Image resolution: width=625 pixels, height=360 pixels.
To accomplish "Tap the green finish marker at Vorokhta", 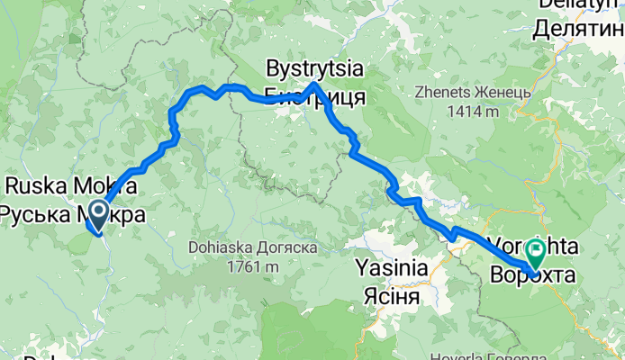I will [x=538, y=248].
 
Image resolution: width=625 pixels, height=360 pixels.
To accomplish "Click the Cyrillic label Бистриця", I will [x=314, y=95].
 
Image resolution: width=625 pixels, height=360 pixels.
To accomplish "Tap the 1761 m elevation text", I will [x=254, y=266].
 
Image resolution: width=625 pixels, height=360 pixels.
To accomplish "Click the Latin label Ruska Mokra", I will [x=72, y=187].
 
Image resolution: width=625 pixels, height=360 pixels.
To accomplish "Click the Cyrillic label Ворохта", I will [x=532, y=276].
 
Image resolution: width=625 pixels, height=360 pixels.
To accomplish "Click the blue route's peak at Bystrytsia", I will [x=313, y=84].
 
